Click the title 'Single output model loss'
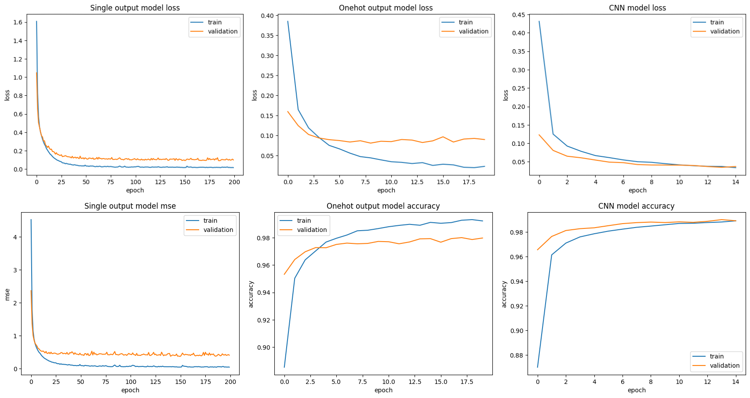click(135, 8)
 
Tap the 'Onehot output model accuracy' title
click(383, 206)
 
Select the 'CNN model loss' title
click(637, 8)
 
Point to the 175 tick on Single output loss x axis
click(210, 182)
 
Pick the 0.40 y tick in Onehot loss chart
click(267, 16)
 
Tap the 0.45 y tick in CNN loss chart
click(518, 15)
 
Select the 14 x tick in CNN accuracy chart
click(735, 382)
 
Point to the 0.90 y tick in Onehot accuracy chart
click(265, 347)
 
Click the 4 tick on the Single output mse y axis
click(15, 237)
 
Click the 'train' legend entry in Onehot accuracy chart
click(304, 221)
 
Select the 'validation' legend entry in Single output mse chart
click(218, 230)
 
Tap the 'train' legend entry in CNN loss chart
click(717, 22)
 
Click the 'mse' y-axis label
click(7, 294)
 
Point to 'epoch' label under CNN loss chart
click(637, 190)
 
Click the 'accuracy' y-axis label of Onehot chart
click(251, 294)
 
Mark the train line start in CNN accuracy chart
click(537, 367)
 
